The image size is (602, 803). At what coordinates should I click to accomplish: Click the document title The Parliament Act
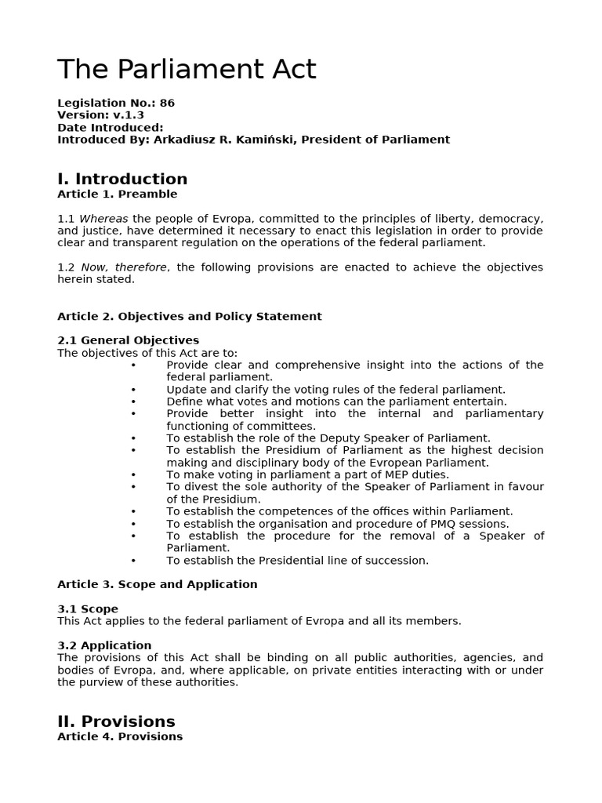tap(187, 70)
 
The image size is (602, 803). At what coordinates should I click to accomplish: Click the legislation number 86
tap(167, 103)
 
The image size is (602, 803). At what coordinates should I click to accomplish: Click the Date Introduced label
tap(110, 127)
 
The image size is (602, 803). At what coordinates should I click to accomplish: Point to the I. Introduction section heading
tap(122, 179)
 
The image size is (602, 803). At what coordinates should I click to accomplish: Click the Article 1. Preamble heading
tap(117, 194)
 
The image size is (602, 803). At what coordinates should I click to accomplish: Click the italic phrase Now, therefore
tap(124, 267)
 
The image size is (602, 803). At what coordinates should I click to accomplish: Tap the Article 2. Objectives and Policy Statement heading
tap(189, 316)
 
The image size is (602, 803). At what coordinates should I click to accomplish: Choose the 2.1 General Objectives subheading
tap(128, 340)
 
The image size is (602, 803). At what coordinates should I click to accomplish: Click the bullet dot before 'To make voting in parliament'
tap(133, 474)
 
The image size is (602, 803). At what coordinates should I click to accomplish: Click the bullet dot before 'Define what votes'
tap(133, 401)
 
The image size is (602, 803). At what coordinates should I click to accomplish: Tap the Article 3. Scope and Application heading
tap(157, 584)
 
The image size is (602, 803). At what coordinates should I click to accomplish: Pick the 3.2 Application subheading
tap(104, 645)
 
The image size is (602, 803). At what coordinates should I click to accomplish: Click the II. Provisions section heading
tap(116, 721)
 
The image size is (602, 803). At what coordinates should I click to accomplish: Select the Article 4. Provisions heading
tap(119, 736)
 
